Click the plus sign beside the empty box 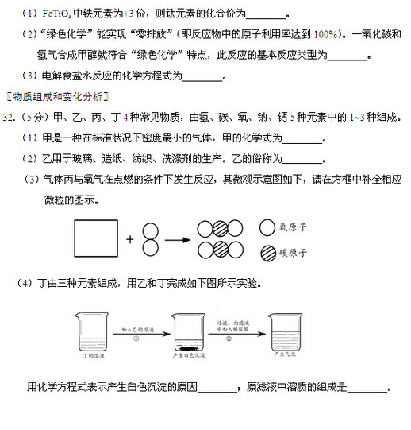(x=130, y=238)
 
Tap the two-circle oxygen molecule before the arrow (x=150, y=238)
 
